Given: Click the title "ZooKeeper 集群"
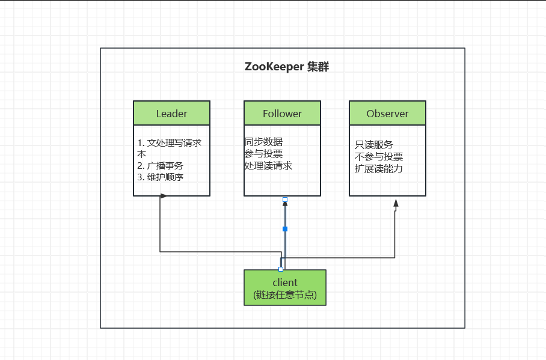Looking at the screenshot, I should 286,67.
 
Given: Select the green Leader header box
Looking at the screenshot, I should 171,113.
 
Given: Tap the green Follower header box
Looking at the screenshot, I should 282,113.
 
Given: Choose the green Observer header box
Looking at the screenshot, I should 387,113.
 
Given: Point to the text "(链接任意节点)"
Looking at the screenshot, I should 285,295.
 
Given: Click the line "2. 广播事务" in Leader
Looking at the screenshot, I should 161,165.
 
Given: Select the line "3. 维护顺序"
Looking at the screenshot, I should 161,177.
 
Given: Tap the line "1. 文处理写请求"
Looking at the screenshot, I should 170,142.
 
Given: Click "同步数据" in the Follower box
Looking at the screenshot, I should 263,142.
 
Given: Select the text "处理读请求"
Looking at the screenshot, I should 268,165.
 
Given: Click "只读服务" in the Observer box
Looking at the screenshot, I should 374,145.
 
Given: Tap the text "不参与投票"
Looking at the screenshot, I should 379,157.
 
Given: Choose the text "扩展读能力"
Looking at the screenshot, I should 379,168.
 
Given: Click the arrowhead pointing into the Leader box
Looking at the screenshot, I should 160,200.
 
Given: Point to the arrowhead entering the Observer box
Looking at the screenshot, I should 395,204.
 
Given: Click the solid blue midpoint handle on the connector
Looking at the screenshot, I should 285,229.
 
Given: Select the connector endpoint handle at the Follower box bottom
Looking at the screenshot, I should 285,199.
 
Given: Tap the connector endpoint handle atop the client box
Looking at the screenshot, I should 281,269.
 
